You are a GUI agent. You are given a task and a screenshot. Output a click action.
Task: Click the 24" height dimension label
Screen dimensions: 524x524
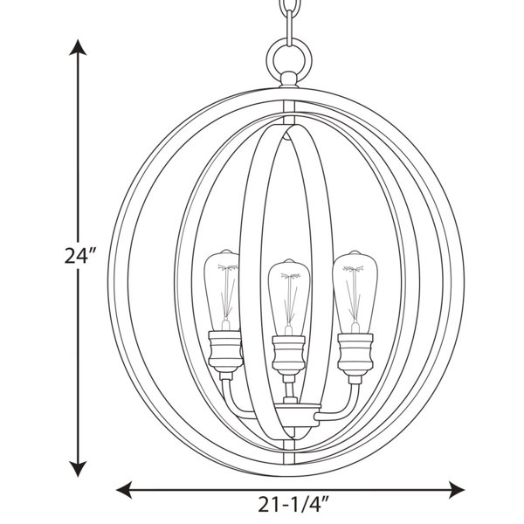(x=80, y=256)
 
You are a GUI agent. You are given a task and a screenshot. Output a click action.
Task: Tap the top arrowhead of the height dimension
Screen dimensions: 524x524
(x=78, y=47)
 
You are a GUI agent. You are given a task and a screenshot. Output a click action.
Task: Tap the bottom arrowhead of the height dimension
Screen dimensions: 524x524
(x=78, y=468)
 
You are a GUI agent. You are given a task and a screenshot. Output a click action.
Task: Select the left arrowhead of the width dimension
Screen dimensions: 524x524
(x=124, y=490)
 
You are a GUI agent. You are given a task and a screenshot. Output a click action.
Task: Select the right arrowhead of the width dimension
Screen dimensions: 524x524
(x=456, y=490)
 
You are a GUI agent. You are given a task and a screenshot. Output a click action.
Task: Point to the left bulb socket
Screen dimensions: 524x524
(x=225, y=352)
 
